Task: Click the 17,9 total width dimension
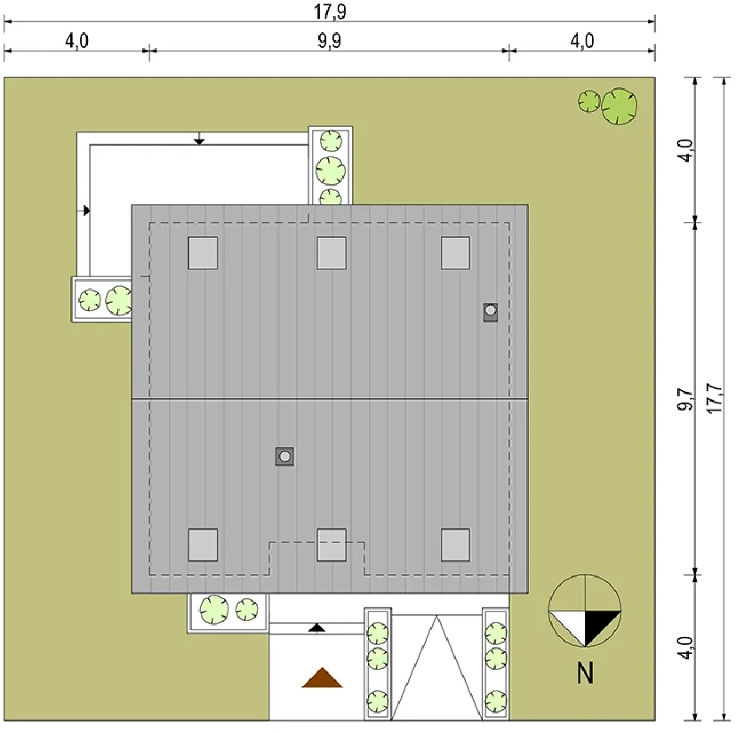(330, 12)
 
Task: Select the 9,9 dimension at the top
(330, 41)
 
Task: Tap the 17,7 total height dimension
(714, 398)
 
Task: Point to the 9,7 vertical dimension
(685, 399)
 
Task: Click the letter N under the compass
(585, 673)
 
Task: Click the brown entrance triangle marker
(322, 678)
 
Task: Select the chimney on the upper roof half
(491, 312)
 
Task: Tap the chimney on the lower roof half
(284, 456)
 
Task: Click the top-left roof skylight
(203, 253)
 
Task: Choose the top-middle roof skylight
(332, 253)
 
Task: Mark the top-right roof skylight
(455, 253)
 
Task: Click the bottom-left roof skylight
(203, 545)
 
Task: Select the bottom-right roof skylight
(455, 545)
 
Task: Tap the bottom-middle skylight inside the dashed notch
(332, 545)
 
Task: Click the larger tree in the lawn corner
(620, 106)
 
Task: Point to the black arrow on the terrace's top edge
(199, 139)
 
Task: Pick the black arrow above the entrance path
(316, 628)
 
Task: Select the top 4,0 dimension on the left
(76, 41)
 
